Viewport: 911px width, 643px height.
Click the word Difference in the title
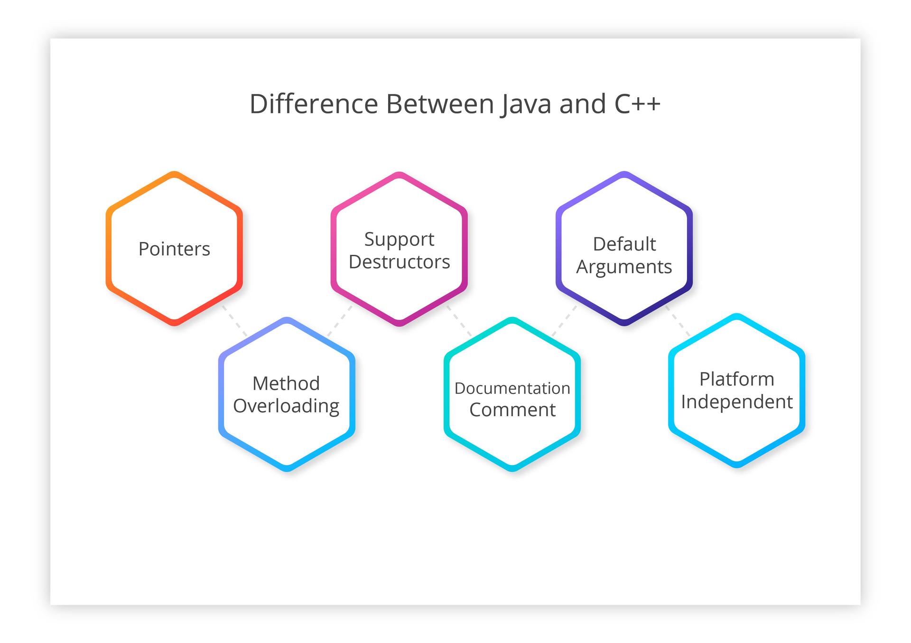click(x=314, y=104)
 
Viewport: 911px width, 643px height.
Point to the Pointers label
click(x=174, y=249)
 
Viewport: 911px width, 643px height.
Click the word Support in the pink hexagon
click(x=399, y=239)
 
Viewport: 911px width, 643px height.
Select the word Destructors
click(x=399, y=262)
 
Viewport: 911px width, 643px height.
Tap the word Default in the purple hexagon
click(x=624, y=244)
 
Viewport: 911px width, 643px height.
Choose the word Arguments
click(x=624, y=267)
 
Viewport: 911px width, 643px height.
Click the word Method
click(x=286, y=383)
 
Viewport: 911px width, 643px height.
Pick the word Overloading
click(x=286, y=406)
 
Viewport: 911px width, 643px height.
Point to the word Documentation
click(x=512, y=388)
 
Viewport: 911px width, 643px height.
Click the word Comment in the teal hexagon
click(x=512, y=410)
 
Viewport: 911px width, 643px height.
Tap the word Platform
click(x=736, y=379)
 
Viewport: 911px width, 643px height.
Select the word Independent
click(x=736, y=402)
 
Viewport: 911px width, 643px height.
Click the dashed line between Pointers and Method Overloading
click(x=234, y=321)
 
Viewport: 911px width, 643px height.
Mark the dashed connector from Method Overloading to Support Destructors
click(x=340, y=321)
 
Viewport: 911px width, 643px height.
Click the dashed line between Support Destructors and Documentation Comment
click(x=459, y=321)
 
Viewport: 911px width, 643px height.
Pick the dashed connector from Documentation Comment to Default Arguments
click(x=564, y=321)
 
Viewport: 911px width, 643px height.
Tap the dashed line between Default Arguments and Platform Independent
click(x=678, y=321)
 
